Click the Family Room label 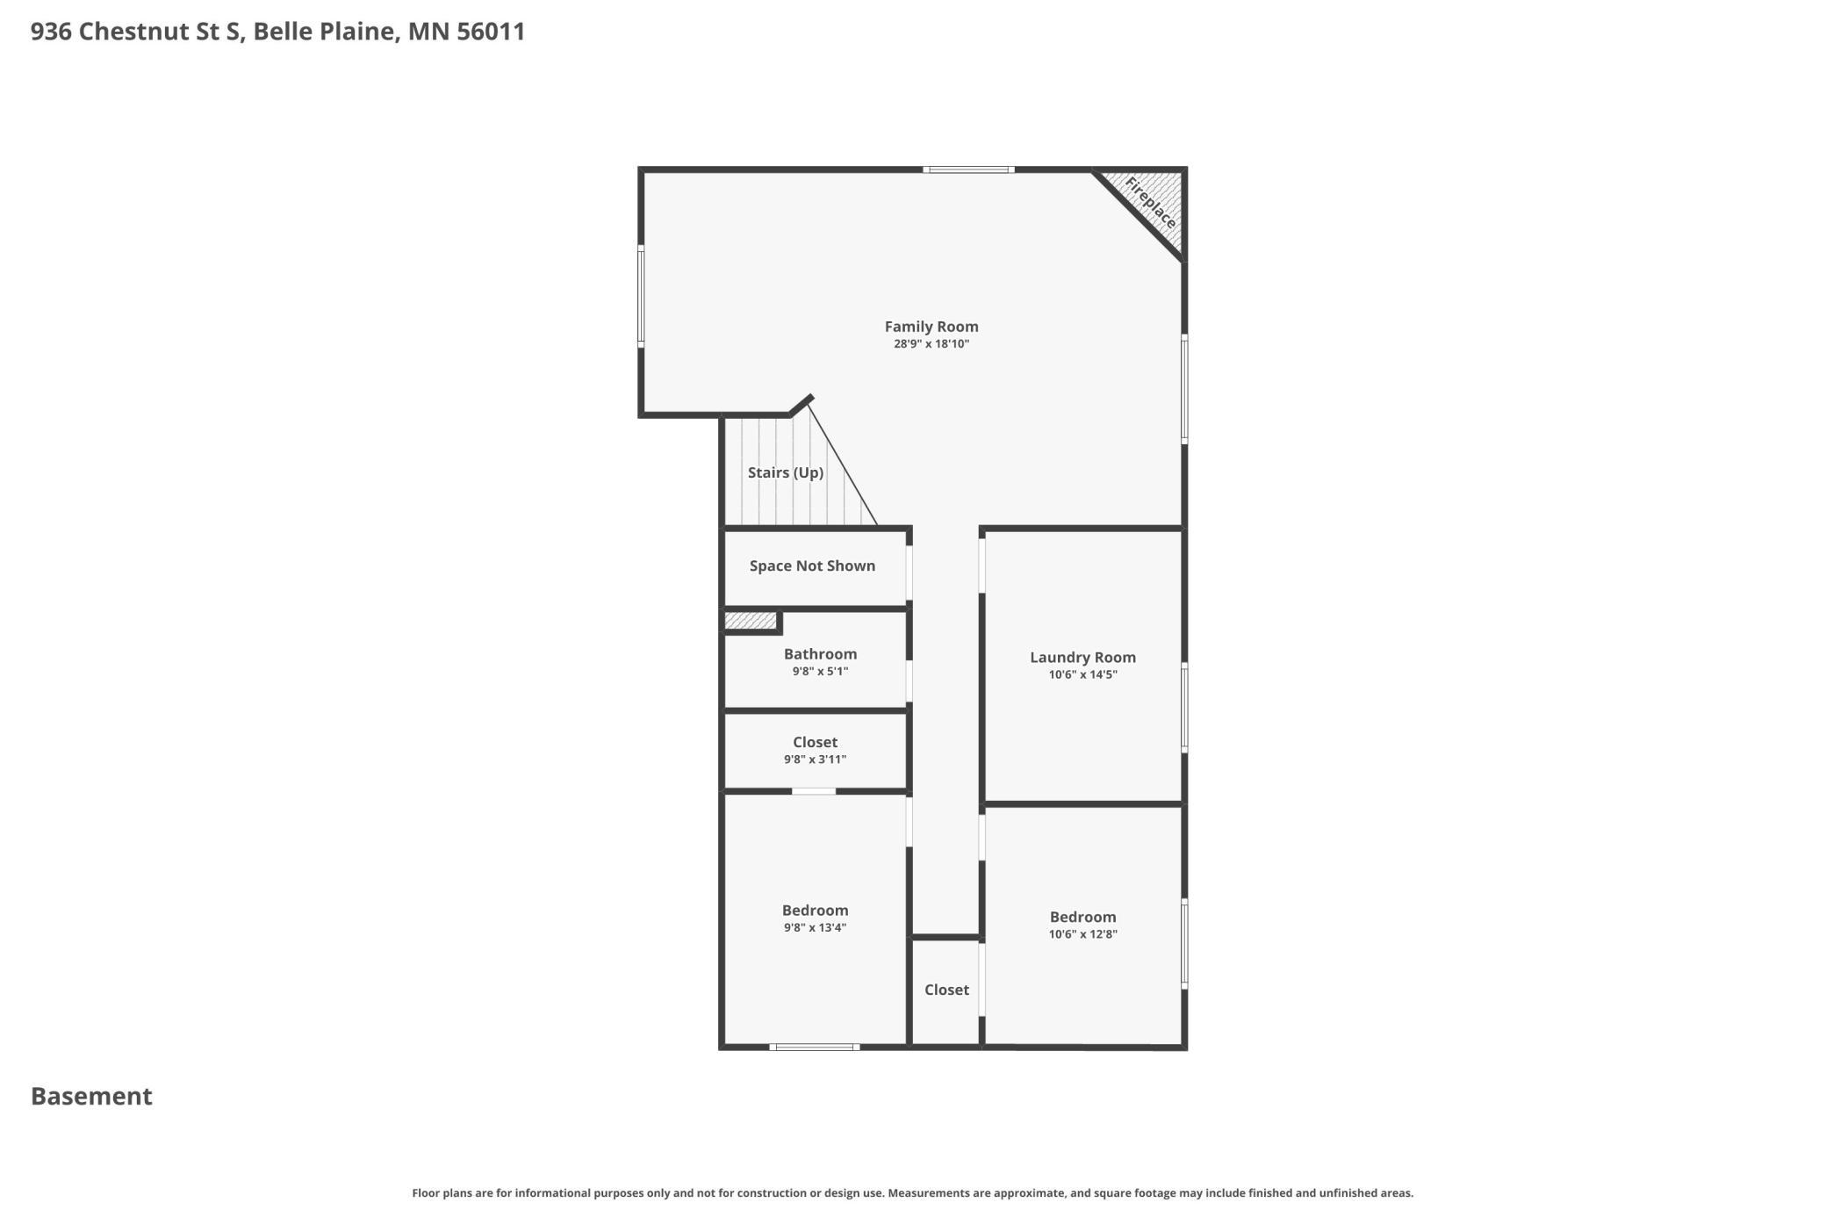(931, 327)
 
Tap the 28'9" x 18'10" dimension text (931, 344)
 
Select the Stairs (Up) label (785, 472)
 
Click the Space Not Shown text (812, 566)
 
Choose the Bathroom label (820, 654)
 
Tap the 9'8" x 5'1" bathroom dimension (820, 672)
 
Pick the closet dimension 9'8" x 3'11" (815, 760)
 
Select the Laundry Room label (1082, 658)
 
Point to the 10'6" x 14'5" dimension (1082, 675)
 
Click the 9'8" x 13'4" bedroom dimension (815, 928)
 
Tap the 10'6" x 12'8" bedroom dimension (1082, 934)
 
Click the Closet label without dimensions (946, 990)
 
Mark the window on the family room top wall (968, 169)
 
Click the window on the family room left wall (641, 296)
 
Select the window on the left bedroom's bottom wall (814, 1047)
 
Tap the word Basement (91, 1097)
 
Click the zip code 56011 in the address (491, 32)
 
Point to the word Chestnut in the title (132, 32)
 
